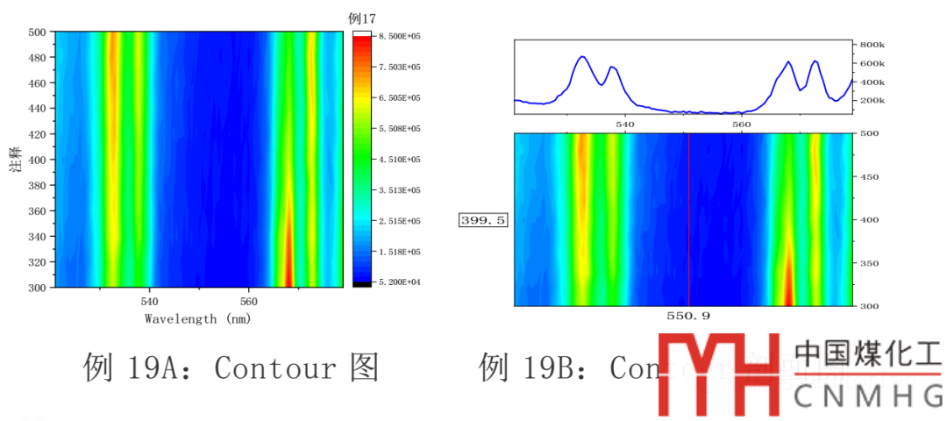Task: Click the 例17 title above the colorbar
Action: (362, 18)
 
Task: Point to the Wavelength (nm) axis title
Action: (198, 319)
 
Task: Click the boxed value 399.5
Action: (482, 220)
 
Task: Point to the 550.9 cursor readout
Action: (688, 315)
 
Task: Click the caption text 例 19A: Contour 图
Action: (231, 367)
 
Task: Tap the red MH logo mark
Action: (719, 375)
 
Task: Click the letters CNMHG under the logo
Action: (867, 396)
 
